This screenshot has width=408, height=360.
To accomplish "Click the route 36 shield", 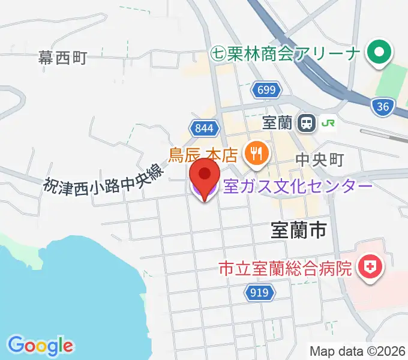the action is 382,107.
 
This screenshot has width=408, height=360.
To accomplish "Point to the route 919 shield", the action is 260,293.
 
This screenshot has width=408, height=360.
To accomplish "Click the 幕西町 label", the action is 63,58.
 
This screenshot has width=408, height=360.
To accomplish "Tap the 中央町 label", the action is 319,160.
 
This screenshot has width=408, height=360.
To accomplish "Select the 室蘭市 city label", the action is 298,230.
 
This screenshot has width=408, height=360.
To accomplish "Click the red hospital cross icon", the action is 370,266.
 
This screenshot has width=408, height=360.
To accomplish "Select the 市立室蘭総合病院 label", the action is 285,267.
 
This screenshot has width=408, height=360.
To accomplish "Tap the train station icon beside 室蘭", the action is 307,123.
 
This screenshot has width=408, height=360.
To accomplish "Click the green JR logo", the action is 328,123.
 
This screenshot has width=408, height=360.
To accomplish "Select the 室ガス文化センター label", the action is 298,187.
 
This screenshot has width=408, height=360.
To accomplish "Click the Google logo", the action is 40,346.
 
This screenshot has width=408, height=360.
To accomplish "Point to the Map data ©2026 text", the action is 358,351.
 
